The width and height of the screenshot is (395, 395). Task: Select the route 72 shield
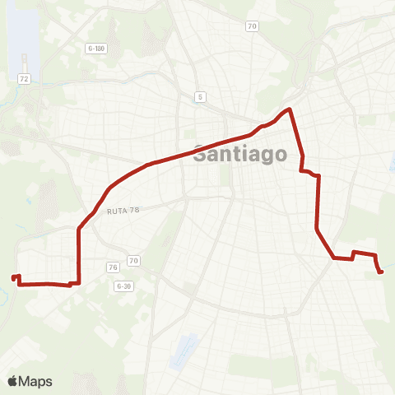25,78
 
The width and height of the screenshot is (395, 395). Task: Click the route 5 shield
200,97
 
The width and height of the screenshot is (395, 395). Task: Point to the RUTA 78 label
123,211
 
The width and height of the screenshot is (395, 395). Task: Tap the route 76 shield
114,266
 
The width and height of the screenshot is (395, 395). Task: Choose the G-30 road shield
124,286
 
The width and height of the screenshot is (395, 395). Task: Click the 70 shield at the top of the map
252,26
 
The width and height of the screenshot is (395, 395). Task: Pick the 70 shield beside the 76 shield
134,262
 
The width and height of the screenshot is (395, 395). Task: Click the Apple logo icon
12,381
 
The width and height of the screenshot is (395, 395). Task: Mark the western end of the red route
13,277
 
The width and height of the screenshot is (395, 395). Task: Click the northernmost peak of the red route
289,109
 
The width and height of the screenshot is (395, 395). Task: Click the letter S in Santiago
199,153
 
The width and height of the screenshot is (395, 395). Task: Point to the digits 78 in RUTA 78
136,211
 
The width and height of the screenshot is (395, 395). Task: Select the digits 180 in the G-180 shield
102,48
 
